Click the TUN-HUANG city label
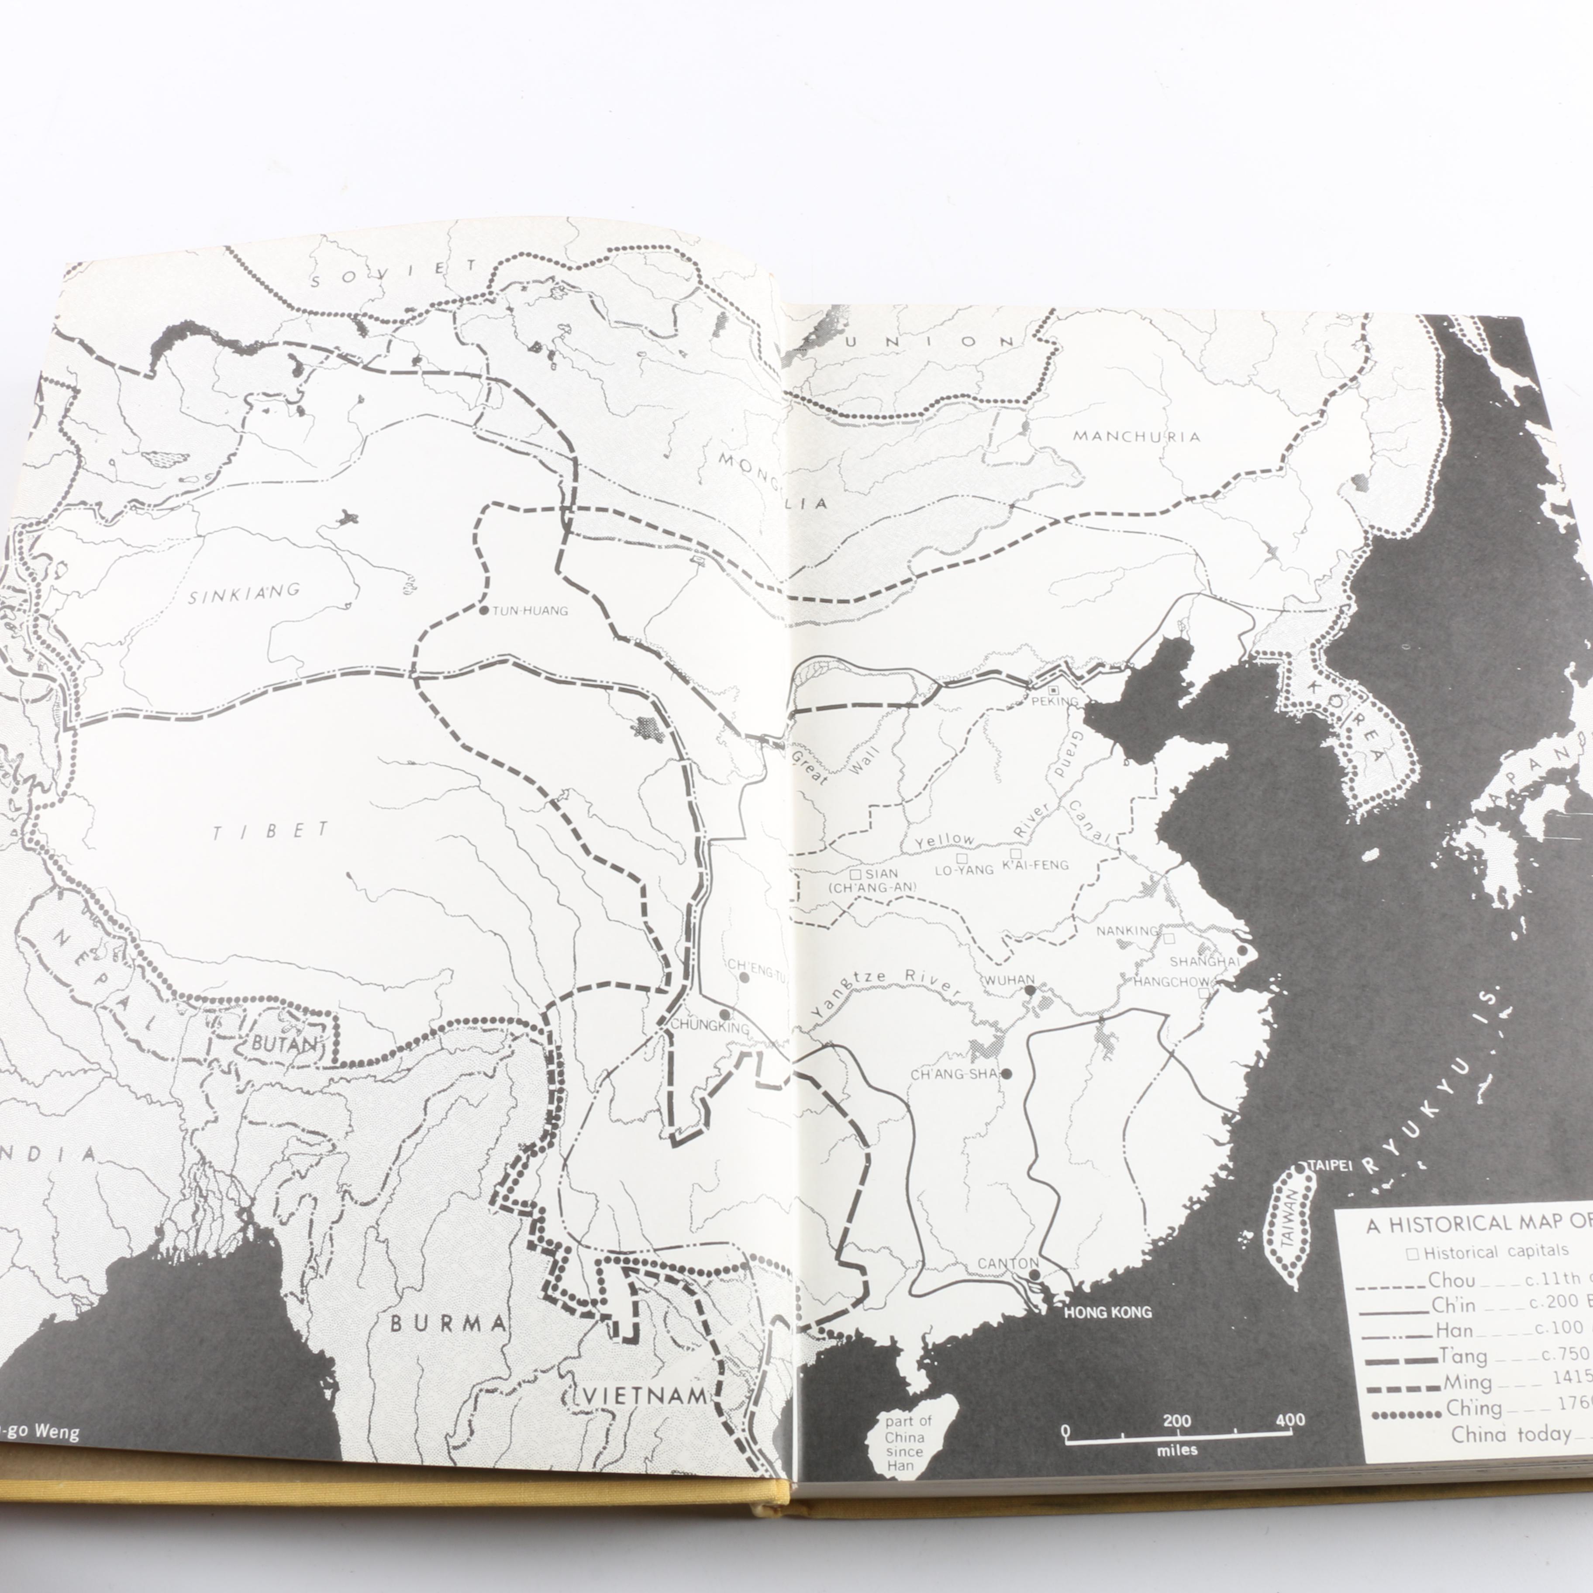(x=530, y=611)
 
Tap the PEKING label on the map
(x=1055, y=702)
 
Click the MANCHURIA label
(x=1136, y=436)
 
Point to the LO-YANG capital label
(x=964, y=869)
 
